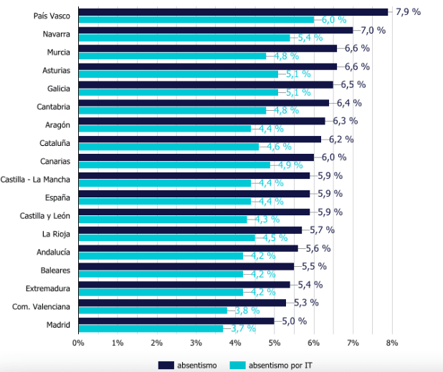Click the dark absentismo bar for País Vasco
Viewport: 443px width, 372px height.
[233, 11]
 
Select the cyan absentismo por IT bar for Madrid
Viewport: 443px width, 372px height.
[151, 328]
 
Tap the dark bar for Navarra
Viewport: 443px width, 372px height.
[215, 30]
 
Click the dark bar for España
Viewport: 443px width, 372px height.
[194, 193]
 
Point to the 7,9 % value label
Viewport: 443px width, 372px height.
[408, 11]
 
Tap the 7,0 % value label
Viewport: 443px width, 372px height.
[373, 30]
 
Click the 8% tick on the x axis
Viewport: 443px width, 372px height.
[391, 343]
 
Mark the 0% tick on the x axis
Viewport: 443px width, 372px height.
[78, 343]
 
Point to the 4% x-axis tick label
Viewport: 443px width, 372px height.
[235, 343]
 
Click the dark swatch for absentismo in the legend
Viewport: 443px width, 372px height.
[166, 365]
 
